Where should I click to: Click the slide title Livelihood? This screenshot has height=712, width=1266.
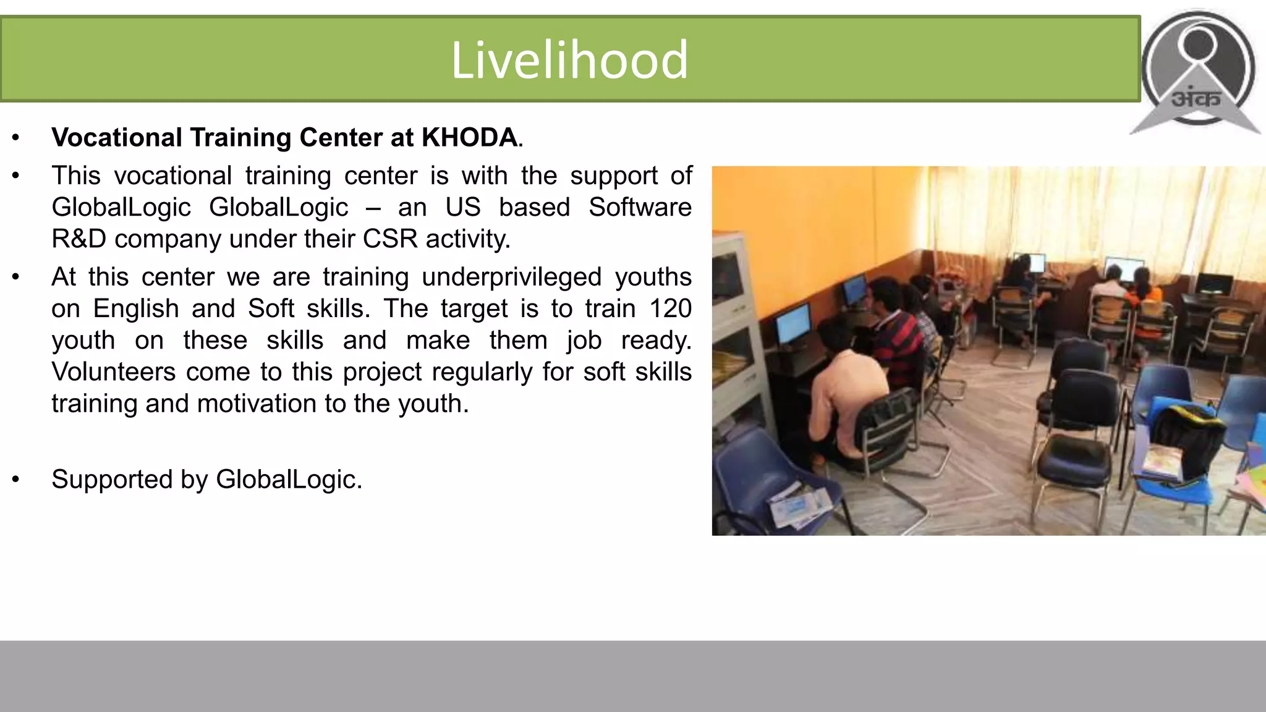pyautogui.click(x=569, y=59)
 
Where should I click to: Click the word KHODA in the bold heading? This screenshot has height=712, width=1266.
pyautogui.click(x=469, y=137)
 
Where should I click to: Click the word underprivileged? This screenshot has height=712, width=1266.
pyautogui.click(x=511, y=277)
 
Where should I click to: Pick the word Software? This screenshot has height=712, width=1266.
pyautogui.click(x=640, y=207)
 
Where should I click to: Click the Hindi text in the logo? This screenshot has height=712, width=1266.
pyautogui.click(x=1196, y=98)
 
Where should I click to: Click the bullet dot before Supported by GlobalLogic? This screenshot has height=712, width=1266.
pyautogui.click(x=16, y=480)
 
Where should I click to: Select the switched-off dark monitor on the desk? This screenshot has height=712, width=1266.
pyautogui.click(x=1213, y=284)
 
